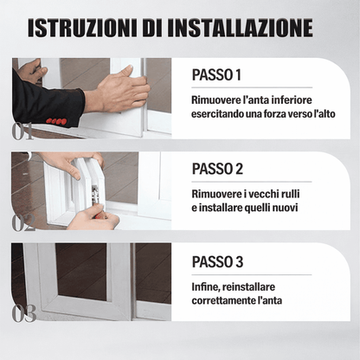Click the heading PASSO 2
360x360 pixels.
(218, 168)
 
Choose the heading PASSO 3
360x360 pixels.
(218, 260)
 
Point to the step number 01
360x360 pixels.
(23, 132)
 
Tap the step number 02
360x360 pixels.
(23, 222)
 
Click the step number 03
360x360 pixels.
(23, 313)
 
